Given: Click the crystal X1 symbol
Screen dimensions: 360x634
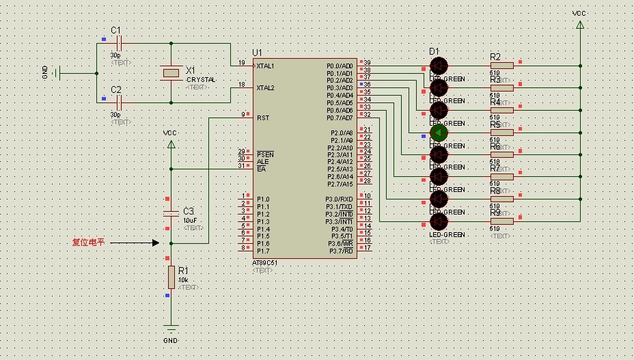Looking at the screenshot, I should coord(171,72).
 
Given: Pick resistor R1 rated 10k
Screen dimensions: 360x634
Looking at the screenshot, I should coord(171,277).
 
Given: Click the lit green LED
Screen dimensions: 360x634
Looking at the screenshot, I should coord(438,132).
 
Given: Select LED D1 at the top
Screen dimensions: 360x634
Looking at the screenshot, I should coord(438,66).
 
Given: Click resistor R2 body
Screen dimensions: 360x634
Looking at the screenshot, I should coord(502,66).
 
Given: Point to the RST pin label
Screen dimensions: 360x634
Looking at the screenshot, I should coord(263,117).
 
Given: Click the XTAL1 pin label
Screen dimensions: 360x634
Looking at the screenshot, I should coord(265,66).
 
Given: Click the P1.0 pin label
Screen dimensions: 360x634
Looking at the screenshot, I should coord(263,199).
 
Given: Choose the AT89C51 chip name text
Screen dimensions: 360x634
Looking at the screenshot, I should coord(264,263).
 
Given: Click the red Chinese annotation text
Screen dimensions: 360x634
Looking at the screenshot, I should coord(89,243).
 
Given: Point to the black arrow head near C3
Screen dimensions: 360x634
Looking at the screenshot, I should coord(156,243).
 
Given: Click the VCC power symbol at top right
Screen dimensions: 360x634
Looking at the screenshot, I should coord(580,25).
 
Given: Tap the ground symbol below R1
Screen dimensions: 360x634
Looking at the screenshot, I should coord(171,329).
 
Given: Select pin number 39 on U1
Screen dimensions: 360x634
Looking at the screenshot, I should coord(367,63).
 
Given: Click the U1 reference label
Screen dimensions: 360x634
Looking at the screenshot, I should coord(257,53).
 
